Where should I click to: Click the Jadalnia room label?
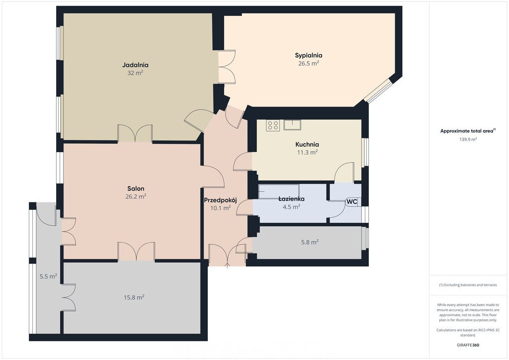click(x=135, y=65)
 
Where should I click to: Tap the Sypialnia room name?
click(x=308, y=55)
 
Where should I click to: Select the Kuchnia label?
click(x=307, y=145)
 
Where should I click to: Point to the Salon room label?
click(x=136, y=188)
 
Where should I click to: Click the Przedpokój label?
click(x=220, y=200)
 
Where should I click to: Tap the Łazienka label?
click(x=291, y=199)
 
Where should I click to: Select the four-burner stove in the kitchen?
click(x=273, y=125)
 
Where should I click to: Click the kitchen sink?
click(x=292, y=125)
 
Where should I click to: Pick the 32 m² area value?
click(x=135, y=73)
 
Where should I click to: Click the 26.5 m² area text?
click(x=308, y=63)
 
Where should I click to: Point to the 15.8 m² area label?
click(x=134, y=297)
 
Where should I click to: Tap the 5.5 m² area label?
click(x=48, y=276)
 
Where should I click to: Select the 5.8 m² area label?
click(x=310, y=242)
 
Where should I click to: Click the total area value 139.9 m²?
click(x=468, y=140)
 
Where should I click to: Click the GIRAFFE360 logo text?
click(x=468, y=345)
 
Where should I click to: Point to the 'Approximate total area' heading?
click(x=468, y=131)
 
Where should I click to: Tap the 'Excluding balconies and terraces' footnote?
click(x=468, y=285)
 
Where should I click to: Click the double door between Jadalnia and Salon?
click(x=135, y=134)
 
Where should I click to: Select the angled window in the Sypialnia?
click(x=378, y=90)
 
